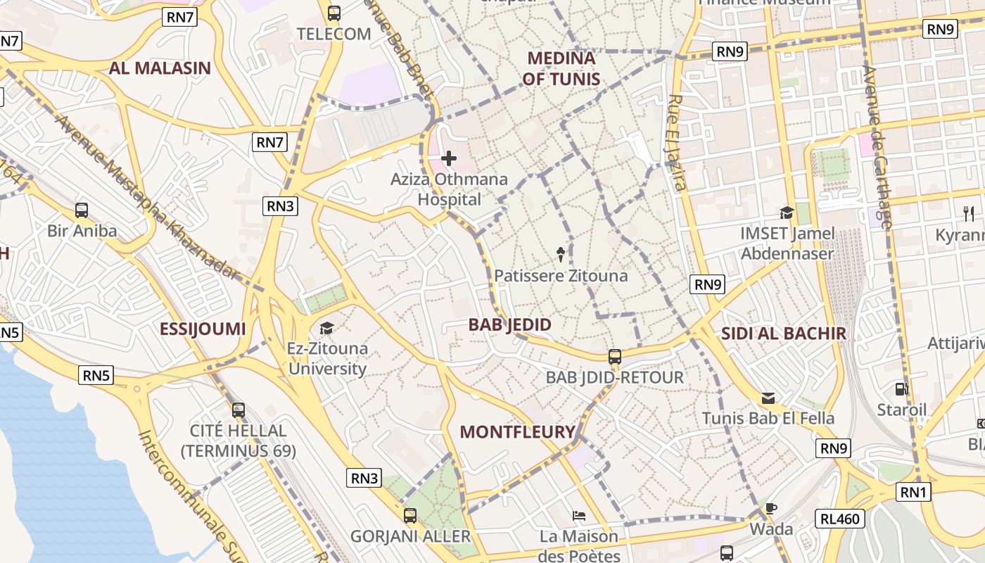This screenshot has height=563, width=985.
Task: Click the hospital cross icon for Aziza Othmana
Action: [448, 158]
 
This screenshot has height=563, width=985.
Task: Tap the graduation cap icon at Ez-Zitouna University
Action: [326, 328]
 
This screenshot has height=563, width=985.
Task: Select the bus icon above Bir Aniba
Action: [82, 210]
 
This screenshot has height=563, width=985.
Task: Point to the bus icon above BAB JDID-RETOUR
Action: [615, 357]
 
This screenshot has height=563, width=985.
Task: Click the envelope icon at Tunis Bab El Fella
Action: [768, 398]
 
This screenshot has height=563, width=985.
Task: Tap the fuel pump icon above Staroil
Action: [901, 388]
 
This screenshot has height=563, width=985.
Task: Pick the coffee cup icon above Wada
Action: [771, 508]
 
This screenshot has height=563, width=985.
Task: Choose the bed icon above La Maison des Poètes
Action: [579, 516]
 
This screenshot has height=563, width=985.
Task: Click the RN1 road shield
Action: [913, 492]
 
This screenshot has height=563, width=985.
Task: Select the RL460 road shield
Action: [840, 519]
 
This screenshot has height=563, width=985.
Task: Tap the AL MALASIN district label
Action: [160, 68]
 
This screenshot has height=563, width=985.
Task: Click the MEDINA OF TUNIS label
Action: [561, 68]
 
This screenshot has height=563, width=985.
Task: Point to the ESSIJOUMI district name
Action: [203, 329]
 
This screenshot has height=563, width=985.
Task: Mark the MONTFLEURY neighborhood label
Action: [517, 432]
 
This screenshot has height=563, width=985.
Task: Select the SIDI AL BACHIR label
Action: [783, 334]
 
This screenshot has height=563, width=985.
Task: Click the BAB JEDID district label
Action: [510, 324]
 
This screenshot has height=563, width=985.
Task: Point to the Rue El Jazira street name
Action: [677, 143]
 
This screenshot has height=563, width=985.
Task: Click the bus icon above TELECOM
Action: [334, 13]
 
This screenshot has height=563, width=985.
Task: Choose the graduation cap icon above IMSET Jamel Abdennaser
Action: [787, 213]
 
